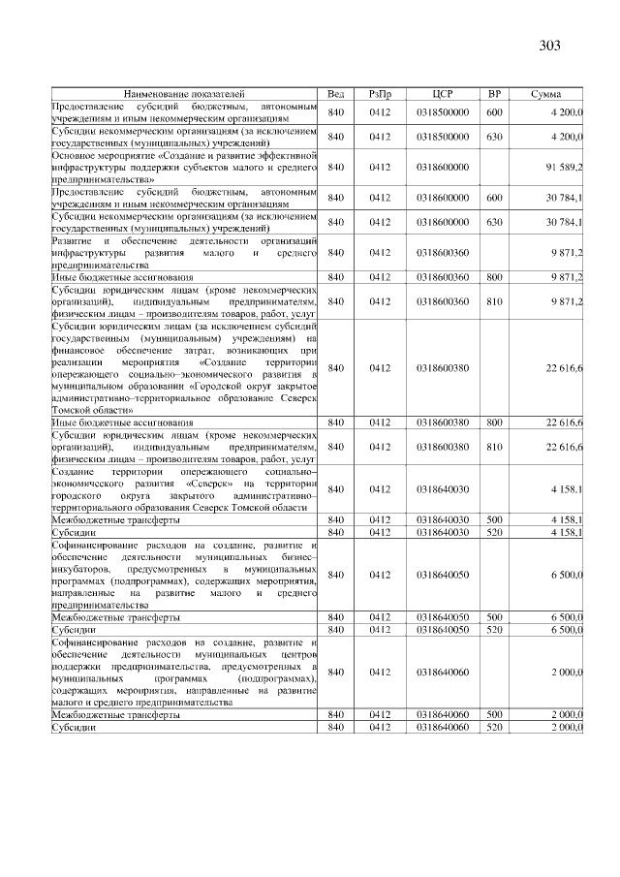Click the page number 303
(548, 46)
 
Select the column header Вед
(335, 93)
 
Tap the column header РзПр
(379, 93)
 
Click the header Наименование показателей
(184, 93)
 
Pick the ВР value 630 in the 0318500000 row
(494, 138)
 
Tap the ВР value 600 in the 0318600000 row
(494, 198)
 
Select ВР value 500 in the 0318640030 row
(494, 519)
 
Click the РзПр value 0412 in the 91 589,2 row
(379, 168)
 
